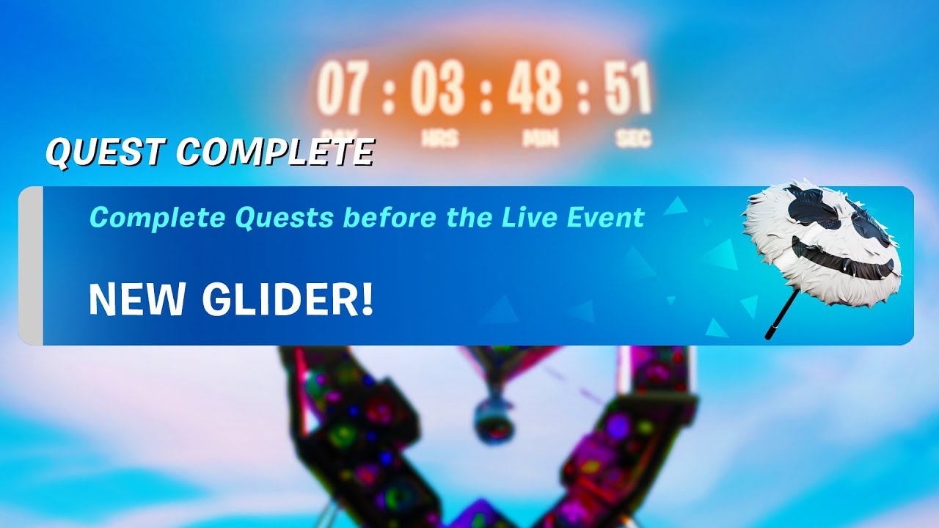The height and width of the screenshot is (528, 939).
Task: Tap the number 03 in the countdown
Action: [437, 89]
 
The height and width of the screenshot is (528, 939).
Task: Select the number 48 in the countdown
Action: [535, 89]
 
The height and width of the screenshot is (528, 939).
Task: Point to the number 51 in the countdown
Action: [628, 89]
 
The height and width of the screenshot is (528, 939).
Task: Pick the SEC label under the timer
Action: [632, 139]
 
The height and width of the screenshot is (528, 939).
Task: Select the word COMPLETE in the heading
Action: [275, 152]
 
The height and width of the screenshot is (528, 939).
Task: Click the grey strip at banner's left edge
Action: [31, 265]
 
